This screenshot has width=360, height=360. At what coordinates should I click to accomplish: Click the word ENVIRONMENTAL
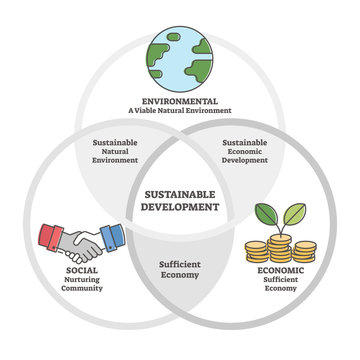(180, 100)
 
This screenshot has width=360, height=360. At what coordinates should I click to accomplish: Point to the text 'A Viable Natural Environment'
(180, 112)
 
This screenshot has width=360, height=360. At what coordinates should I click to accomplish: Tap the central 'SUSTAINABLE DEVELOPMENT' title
(180, 199)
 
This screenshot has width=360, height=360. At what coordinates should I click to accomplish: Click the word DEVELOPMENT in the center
(180, 207)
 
